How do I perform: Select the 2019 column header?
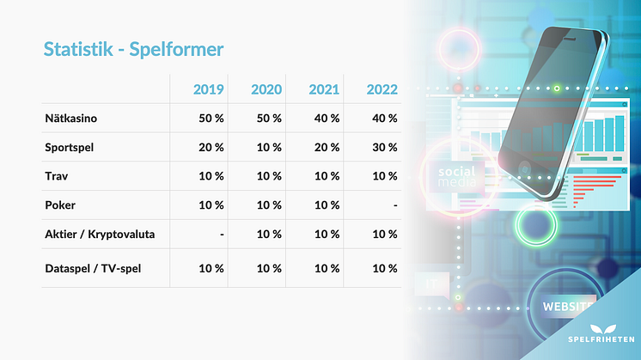(x=208, y=88)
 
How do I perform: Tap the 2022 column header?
(x=381, y=88)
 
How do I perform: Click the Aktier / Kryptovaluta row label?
(x=100, y=235)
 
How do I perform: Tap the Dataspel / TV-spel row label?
(x=94, y=269)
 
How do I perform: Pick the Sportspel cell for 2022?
(x=382, y=147)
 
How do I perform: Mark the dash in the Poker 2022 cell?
(x=393, y=205)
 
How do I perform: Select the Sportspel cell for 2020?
(x=267, y=147)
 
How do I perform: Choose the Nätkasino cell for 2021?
(x=325, y=118)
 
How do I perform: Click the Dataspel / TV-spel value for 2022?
(x=382, y=269)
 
